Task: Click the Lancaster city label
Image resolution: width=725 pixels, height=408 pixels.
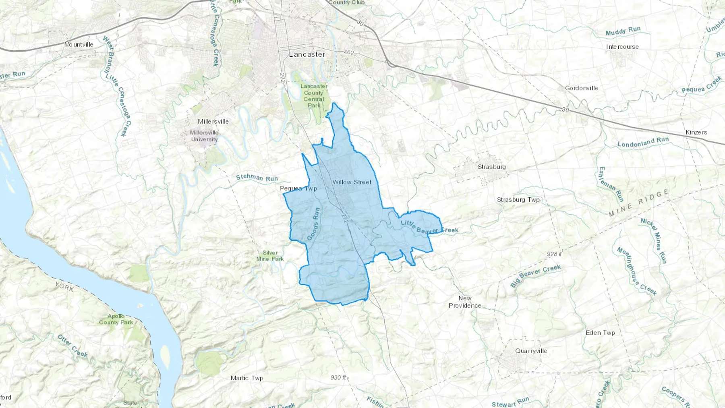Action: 307,54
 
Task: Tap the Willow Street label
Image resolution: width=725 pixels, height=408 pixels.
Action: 352,182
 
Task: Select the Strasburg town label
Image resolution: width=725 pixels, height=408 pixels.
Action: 491,167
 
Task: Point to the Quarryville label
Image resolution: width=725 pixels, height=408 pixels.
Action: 531,351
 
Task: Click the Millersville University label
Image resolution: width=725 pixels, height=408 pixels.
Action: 204,136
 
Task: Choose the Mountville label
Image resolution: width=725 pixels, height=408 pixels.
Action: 79,44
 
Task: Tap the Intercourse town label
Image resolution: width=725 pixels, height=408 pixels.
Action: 622,47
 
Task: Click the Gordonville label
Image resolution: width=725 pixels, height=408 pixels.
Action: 581,88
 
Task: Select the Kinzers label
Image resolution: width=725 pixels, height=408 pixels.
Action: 696,132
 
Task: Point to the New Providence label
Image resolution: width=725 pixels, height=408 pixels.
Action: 465,302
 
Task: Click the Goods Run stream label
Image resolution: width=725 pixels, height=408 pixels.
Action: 313,224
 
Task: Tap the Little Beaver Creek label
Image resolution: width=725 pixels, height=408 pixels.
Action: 429,226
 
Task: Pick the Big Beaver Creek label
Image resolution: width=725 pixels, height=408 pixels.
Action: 535,276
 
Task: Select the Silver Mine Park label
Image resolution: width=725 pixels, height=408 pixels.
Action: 270,256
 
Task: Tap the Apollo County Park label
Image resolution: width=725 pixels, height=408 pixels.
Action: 116,319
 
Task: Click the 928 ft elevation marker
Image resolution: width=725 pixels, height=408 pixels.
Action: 554,254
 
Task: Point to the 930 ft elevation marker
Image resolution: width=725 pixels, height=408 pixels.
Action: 338,377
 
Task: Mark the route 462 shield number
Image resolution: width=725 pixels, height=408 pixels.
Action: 349,53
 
